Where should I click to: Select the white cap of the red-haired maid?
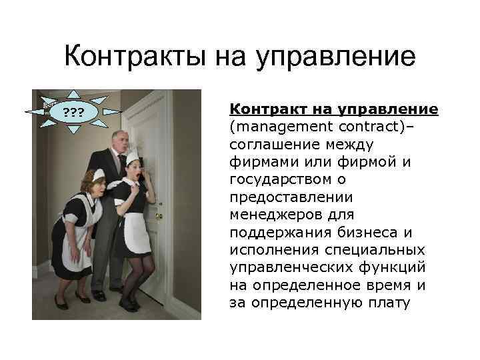(x=98, y=175)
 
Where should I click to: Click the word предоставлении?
(x=280, y=197)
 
